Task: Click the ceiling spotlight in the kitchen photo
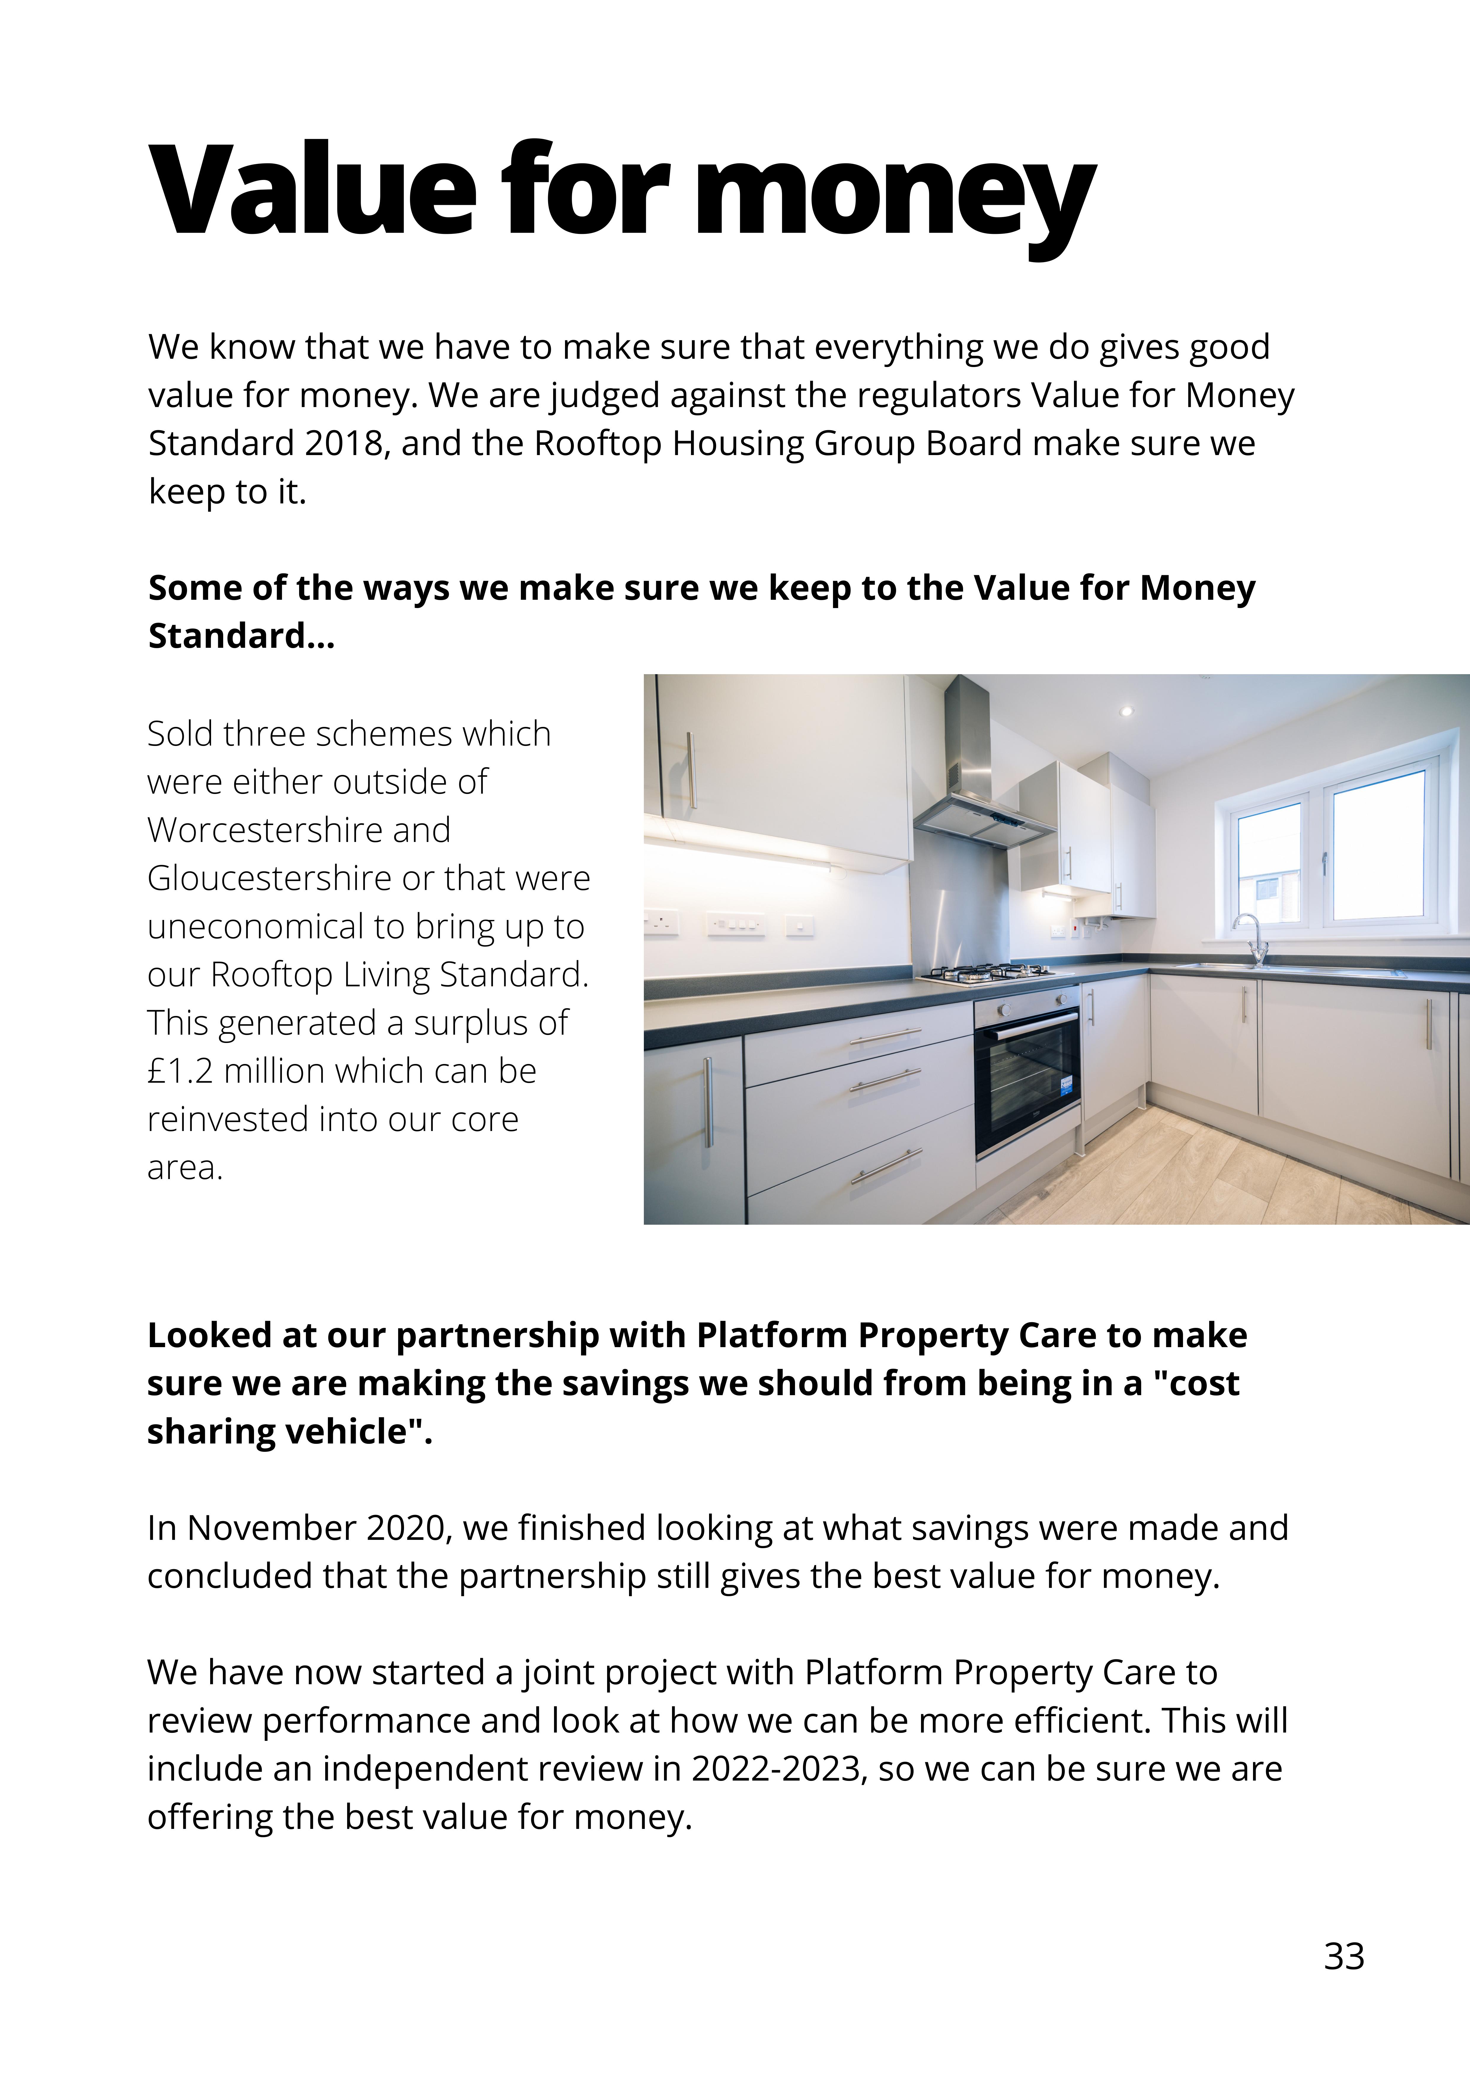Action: click(x=1127, y=711)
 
